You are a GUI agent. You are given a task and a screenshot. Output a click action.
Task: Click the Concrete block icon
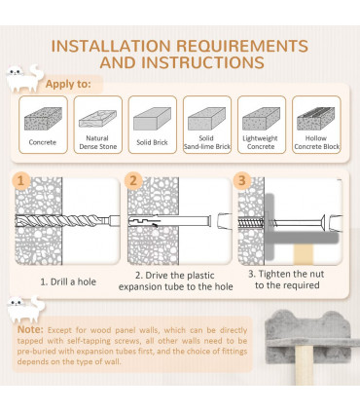(x=43, y=119)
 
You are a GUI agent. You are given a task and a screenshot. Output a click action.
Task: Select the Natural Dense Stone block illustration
(x=97, y=119)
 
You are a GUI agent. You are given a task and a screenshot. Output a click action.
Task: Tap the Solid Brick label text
(x=152, y=142)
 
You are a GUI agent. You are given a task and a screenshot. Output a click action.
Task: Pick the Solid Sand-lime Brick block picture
(x=207, y=119)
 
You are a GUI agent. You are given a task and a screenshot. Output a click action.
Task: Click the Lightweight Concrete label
(x=261, y=142)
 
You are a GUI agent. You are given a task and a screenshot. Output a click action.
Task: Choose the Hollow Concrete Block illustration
(x=316, y=119)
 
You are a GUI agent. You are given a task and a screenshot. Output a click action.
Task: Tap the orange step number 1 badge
(x=21, y=180)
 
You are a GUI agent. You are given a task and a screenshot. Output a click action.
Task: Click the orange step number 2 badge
(x=133, y=180)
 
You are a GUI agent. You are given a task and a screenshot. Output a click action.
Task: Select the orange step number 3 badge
(x=242, y=180)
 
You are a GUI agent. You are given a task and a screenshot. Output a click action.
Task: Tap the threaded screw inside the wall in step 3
(x=251, y=223)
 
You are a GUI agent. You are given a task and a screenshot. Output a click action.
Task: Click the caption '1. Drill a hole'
(x=68, y=281)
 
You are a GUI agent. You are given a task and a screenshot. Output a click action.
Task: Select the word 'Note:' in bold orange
(x=30, y=329)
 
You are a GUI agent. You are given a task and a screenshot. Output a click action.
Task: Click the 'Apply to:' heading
(x=68, y=84)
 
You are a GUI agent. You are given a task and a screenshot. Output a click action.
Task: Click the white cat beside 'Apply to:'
(x=24, y=78)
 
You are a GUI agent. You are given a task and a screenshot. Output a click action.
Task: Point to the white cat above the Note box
(x=25, y=309)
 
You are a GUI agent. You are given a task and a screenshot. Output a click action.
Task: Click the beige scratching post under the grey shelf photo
(x=305, y=365)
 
